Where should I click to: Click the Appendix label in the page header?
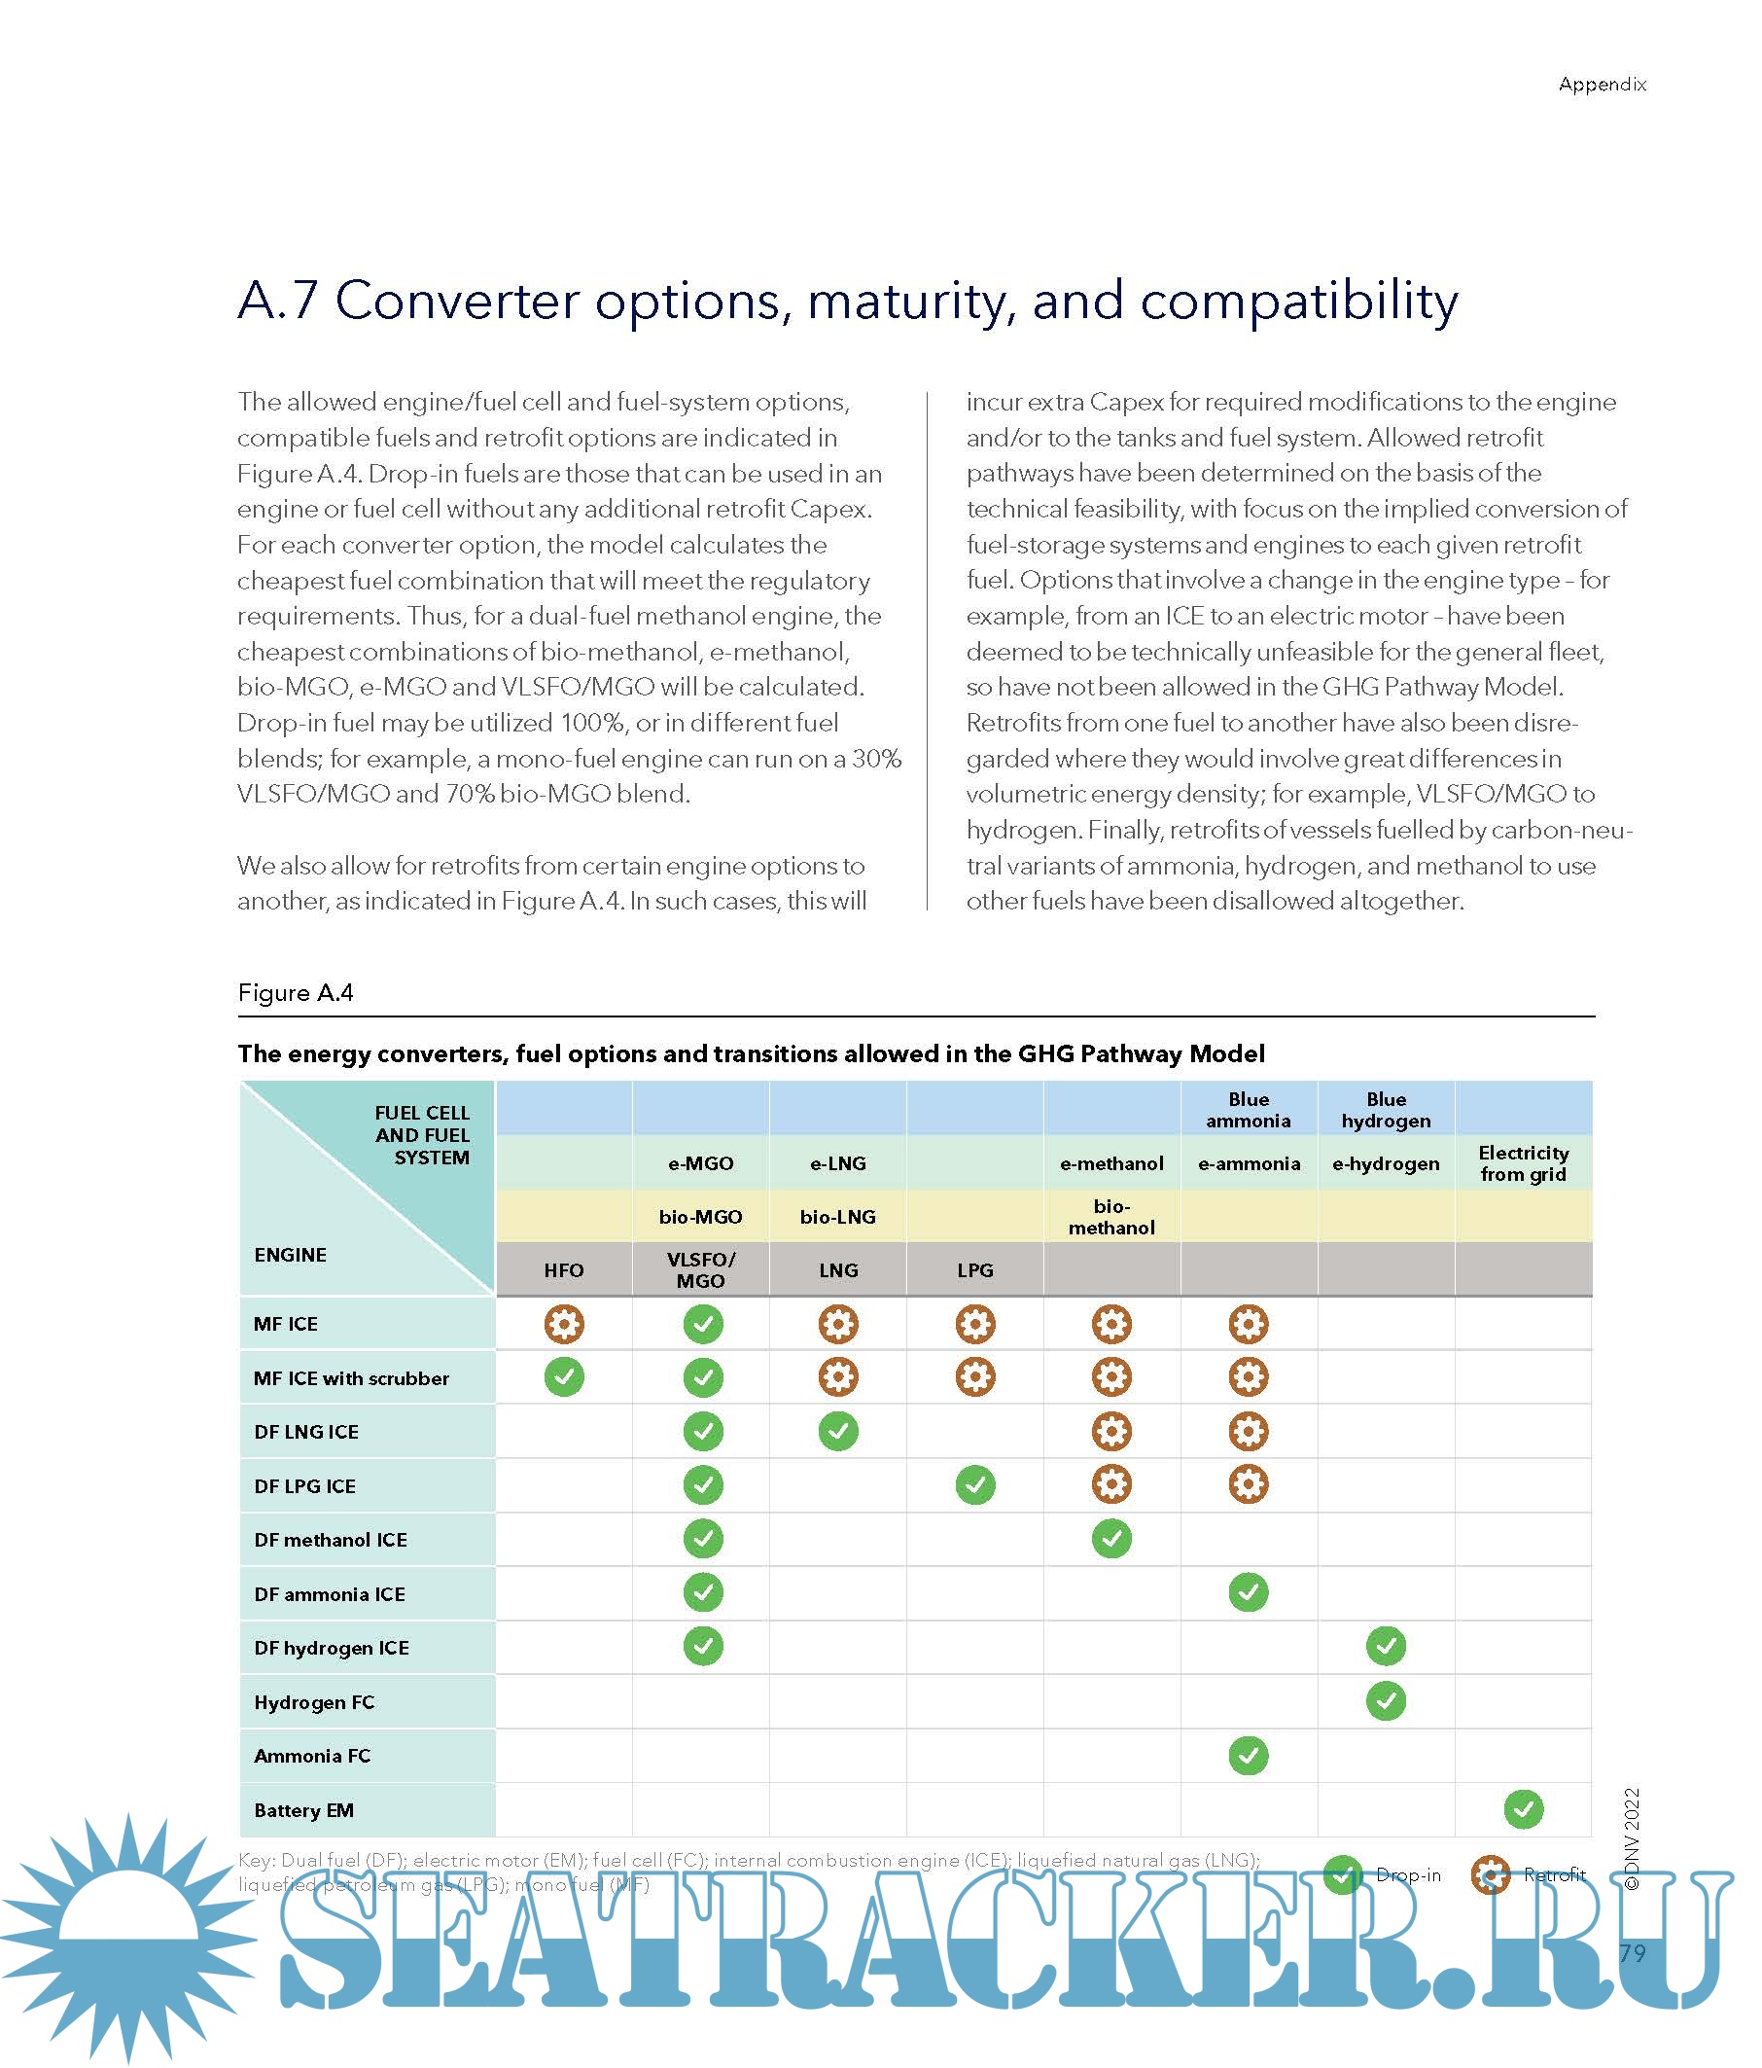1601,85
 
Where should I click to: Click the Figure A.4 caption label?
296,992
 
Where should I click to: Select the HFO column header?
564,1269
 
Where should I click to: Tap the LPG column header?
974,1269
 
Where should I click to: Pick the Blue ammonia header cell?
1248,1109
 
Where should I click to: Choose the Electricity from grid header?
1523,1162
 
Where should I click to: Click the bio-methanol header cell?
1111,1217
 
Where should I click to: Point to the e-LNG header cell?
838,1162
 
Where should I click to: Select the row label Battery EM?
304,1809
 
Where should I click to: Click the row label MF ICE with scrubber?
351,1378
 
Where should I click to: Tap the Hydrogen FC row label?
314,1701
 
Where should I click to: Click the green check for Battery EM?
1523,1808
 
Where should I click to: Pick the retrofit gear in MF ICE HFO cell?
564,1325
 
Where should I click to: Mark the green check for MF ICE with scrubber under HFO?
564,1377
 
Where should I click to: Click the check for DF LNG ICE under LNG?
838,1431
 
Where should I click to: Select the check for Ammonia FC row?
1249,1755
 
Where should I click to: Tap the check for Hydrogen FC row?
1386,1700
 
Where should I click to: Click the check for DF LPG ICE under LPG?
974,1485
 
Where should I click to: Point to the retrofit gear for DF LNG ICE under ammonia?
1249,1431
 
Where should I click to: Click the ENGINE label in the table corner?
291,1255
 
